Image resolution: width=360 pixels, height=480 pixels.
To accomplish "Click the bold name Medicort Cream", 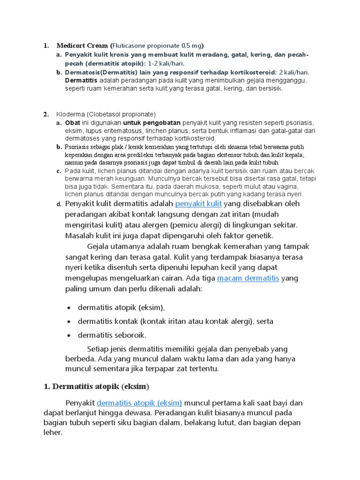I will tap(82, 46).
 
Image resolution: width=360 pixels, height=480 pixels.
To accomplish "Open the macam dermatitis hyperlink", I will tap(248, 278).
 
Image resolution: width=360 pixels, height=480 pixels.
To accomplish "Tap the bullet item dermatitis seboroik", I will tap(112, 335).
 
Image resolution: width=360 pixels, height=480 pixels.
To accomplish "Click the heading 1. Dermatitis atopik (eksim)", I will tap(96, 387).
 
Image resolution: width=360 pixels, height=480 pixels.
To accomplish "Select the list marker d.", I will tap(59, 204).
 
